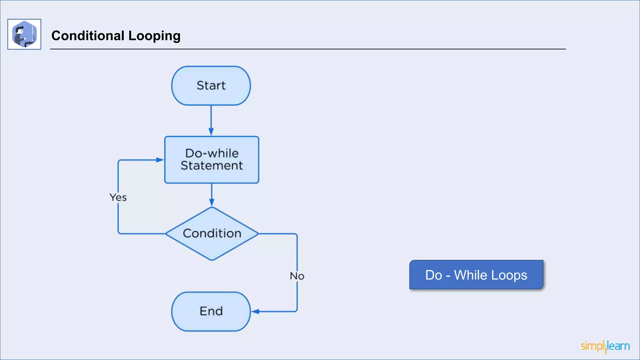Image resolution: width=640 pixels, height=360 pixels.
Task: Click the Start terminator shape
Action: point(211,86)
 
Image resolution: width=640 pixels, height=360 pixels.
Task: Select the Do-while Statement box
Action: point(212,160)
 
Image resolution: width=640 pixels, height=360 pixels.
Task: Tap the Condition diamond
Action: point(212,233)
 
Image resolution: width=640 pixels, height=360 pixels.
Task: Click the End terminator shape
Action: point(211,311)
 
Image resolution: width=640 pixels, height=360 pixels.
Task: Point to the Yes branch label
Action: point(118,197)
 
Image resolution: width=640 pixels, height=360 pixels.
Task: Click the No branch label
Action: point(297,276)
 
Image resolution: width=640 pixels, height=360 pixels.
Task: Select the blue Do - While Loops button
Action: point(476,275)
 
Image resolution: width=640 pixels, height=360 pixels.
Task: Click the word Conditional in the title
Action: point(88,36)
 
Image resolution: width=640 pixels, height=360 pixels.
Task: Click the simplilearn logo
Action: point(605,346)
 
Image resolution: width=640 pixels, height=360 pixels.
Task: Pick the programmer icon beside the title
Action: point(24,34)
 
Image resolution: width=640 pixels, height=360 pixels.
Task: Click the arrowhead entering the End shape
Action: point(255,312)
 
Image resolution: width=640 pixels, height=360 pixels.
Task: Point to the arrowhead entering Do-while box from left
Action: point(160,160)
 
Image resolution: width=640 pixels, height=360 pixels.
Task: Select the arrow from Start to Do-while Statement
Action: point(211,119)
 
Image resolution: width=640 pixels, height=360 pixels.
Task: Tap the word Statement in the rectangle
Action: point(212,166)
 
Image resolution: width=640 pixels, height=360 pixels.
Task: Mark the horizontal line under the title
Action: point(308,49)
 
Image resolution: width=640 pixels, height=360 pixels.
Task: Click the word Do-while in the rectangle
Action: point(212,153)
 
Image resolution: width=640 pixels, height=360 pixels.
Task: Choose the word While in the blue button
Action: point(470,275)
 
